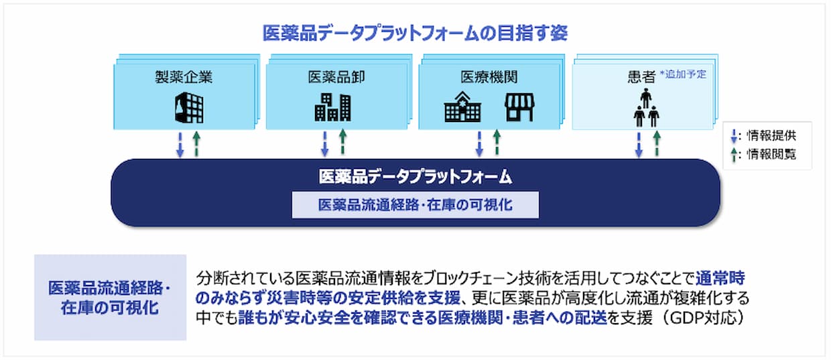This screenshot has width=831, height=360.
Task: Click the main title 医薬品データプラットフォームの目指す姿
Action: coord(415,33)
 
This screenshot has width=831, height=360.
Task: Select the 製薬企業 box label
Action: coord(184,77)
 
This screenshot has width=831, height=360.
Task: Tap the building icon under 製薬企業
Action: coord(189,108)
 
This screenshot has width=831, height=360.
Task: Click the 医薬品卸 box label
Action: coord(336,77)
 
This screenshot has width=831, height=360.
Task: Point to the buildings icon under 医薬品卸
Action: coord(333,107)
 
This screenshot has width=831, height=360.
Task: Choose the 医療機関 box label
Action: coord(489,77)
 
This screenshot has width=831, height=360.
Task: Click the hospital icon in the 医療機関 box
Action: coord(462,107)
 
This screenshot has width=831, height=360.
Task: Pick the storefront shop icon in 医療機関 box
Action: coord(520,107)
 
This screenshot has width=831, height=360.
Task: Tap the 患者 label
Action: coord(641,77)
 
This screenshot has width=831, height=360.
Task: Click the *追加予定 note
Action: coord(683,74)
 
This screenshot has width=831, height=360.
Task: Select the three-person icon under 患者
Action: coord(646,108)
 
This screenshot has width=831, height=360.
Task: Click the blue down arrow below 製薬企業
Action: coord(180,145)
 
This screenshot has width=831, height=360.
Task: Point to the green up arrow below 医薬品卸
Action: coord(343,141)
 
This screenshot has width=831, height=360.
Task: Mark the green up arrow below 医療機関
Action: coord(497,141)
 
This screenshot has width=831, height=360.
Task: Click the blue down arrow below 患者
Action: coord(639,145)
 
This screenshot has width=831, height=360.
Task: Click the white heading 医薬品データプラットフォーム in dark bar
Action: coord(415,177)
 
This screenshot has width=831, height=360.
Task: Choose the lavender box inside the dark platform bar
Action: coord(415,205)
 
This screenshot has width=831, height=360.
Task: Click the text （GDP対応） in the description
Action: coord(702,318)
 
